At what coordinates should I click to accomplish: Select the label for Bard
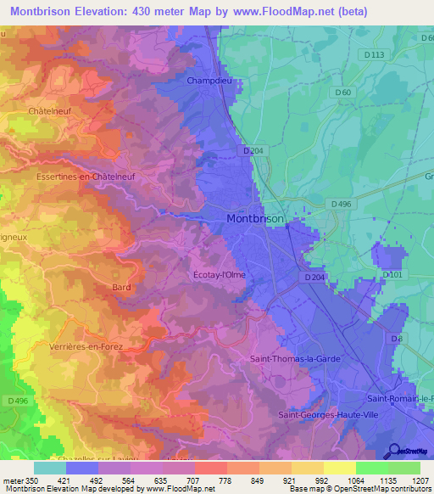click(x=121, y=288)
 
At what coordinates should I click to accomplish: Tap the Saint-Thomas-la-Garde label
click(x=295, y=359)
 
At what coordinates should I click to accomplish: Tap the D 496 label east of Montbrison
click(x=341, y=205)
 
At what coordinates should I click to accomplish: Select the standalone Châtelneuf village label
click(x=47, y=111)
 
